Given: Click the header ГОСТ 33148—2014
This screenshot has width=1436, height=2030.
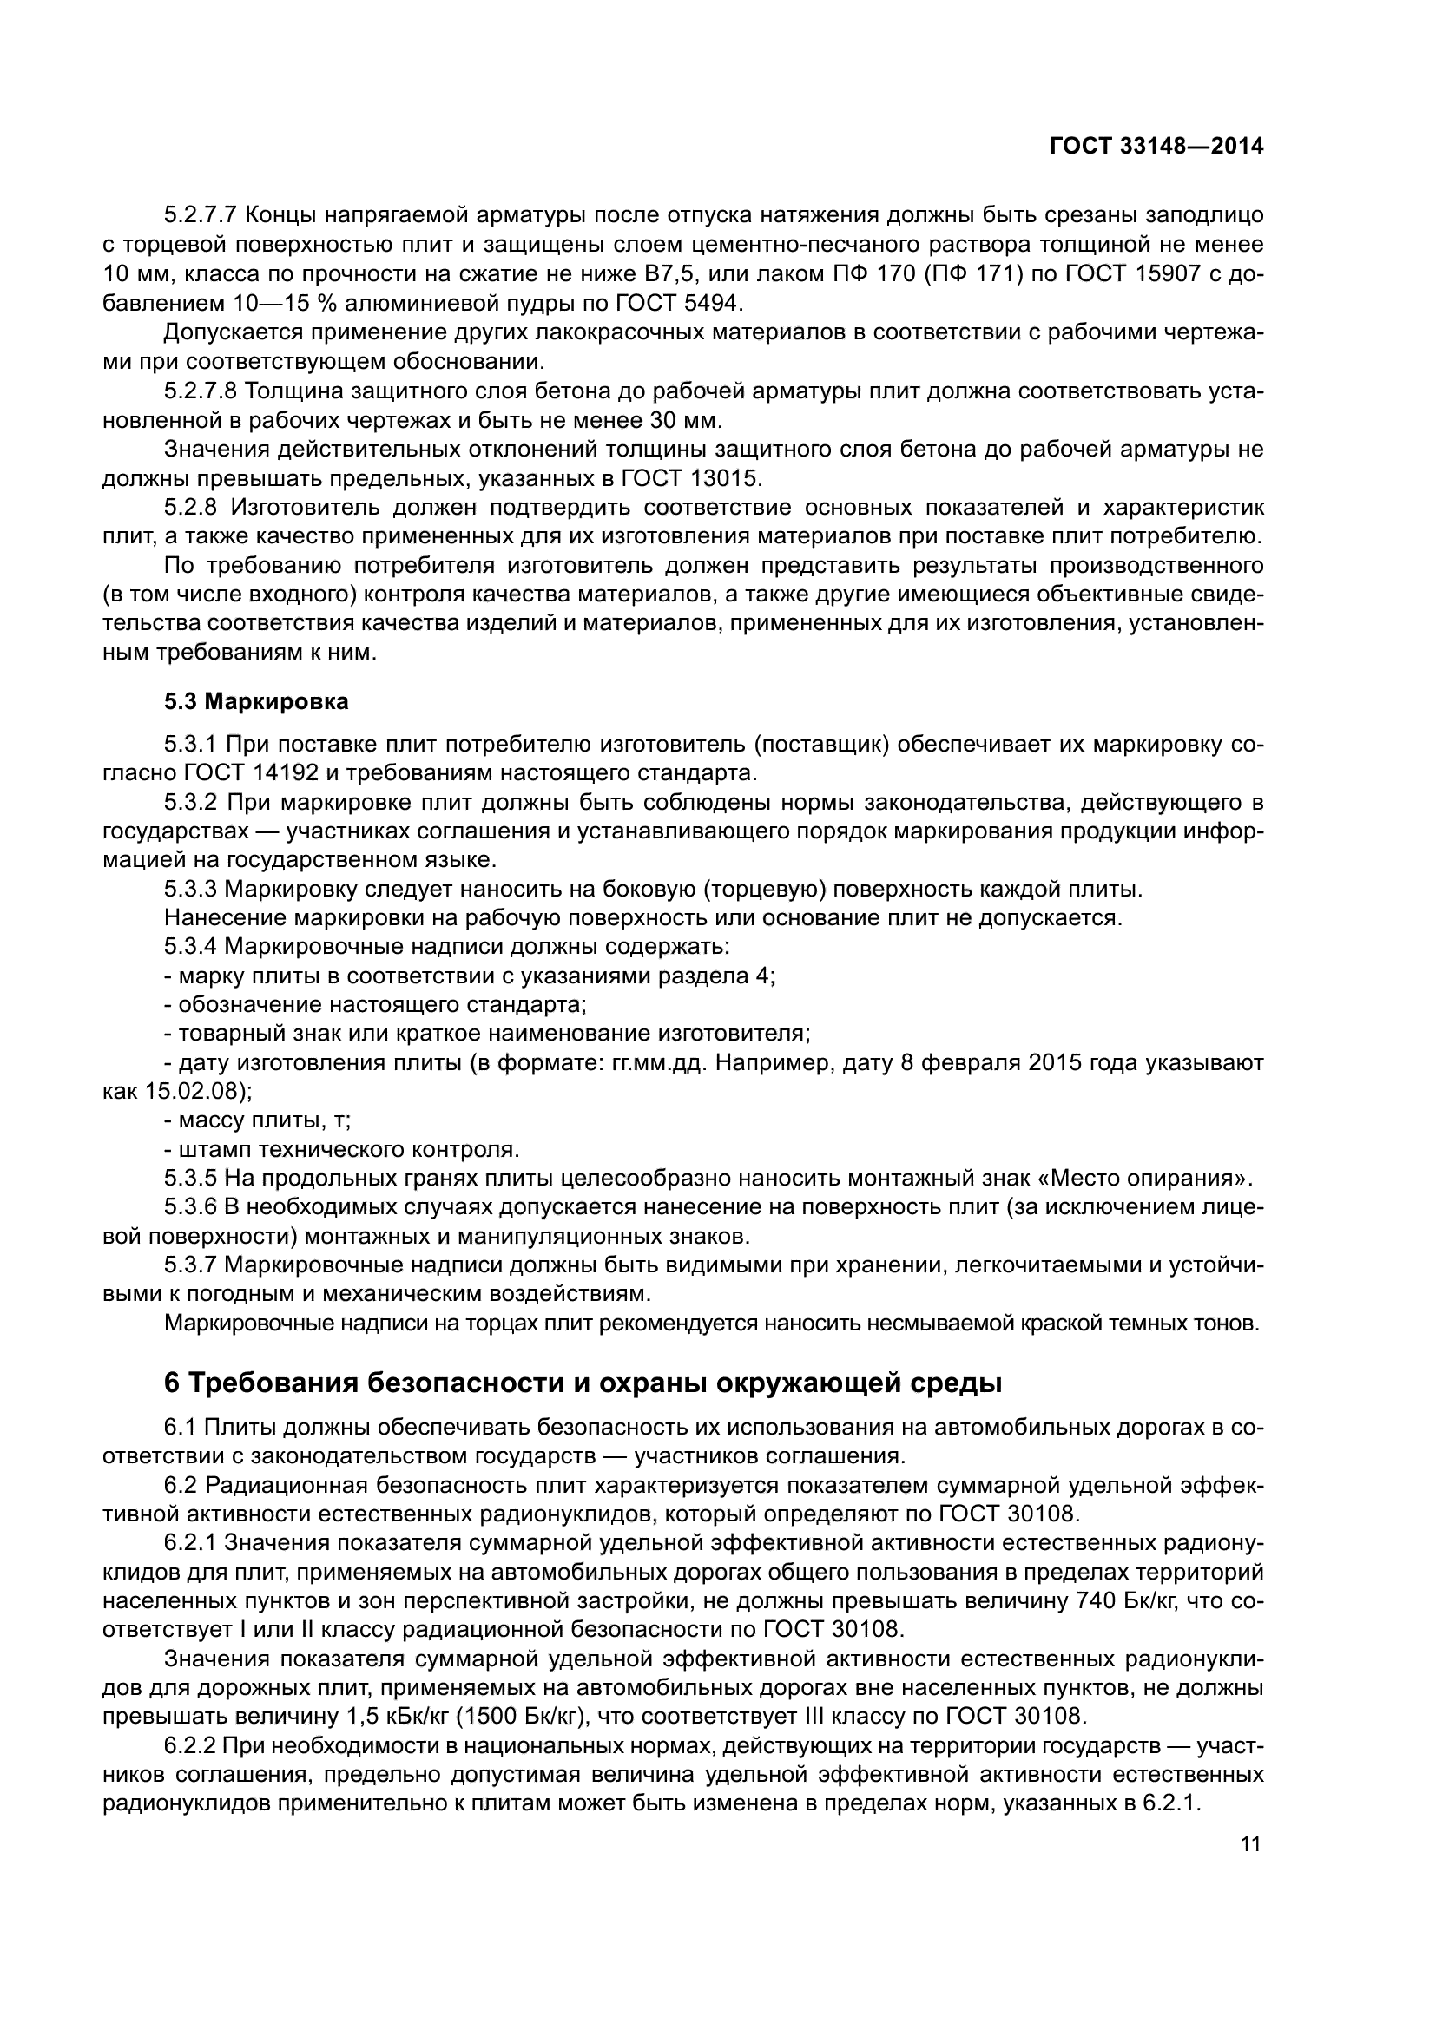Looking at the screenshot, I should (x=1156, y=146).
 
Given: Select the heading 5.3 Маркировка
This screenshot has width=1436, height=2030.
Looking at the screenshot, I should (x=256, y=701).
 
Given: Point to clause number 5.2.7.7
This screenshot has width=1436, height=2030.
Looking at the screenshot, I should (x=200, y=215).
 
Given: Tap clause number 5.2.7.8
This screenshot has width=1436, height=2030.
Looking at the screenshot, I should (x=200, y=391).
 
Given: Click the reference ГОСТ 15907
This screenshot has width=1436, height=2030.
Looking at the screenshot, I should (x=1127, y=274).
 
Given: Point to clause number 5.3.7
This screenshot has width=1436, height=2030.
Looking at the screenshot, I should (x=191, y=1265).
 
